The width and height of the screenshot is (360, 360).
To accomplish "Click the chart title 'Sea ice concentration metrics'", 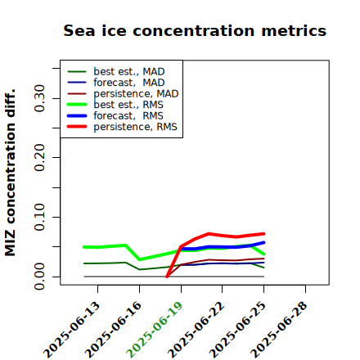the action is click(x=195, y=30).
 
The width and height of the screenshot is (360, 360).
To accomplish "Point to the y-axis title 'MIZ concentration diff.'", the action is click(x=11, y=173).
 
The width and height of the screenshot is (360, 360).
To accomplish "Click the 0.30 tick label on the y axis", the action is click(x=39, y=98).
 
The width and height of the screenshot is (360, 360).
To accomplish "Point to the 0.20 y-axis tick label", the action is click(x=39, y=157).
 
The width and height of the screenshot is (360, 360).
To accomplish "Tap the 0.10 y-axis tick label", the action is click(x=39, y=217).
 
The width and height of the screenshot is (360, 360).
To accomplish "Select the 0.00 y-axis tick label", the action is click(x=39, y=277).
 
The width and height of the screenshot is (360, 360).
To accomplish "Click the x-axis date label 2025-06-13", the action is click(x=72, y=330).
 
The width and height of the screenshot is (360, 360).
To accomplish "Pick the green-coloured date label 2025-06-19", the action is click(x=155, y=330).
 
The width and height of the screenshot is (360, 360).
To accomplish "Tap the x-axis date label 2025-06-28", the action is click(x=279, y=330).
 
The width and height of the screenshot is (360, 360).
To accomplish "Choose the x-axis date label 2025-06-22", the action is click(x=196, y=330).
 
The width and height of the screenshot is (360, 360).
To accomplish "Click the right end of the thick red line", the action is click(x=263, y=234).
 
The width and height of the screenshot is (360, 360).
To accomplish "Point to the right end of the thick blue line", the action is click(x=263, y=242).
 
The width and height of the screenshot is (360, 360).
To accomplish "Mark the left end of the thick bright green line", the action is click(x=84, y=247).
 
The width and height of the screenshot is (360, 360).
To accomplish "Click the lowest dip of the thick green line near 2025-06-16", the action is click(x=140, y=259).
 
